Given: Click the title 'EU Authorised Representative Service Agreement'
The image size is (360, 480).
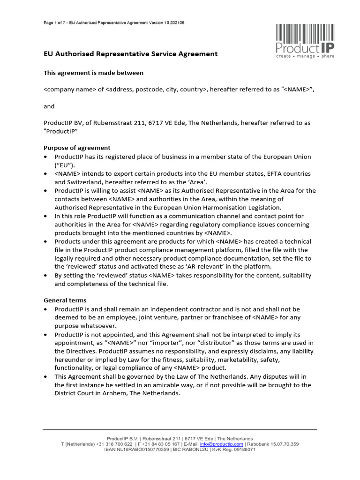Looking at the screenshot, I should [130, 54].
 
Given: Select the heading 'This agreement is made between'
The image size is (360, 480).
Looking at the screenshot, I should [93, 73].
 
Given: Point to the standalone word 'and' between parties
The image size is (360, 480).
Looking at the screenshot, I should [49, 106].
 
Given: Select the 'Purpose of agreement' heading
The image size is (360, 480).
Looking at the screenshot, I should [77, 148].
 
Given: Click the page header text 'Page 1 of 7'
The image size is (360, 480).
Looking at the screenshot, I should [52, 22].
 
